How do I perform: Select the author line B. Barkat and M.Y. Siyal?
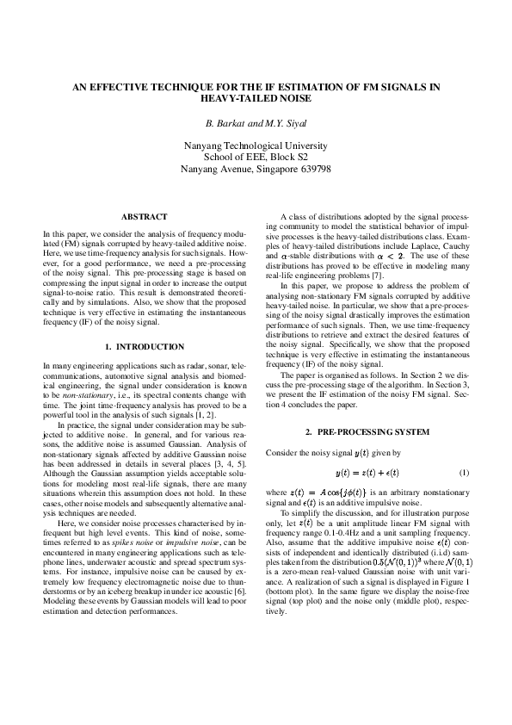click(x=255, y=122)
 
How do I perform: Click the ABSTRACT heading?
click(x=144, y=216)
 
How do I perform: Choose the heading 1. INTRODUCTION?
click(x=144, y=346)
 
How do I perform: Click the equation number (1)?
click(x=463, y=474)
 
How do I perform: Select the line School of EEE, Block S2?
click(x=255, y=158)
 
